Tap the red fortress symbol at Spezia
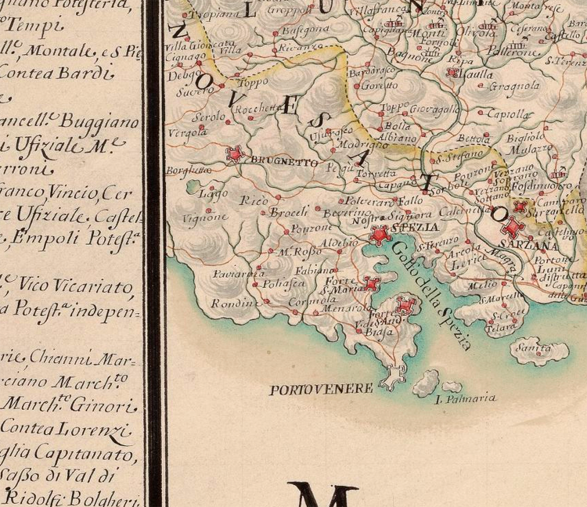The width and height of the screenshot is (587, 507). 380,234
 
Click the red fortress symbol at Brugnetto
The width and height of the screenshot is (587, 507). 235,154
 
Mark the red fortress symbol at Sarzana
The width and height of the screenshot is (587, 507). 513,228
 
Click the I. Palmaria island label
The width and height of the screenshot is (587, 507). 465,398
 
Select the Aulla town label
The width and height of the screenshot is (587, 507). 478,74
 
